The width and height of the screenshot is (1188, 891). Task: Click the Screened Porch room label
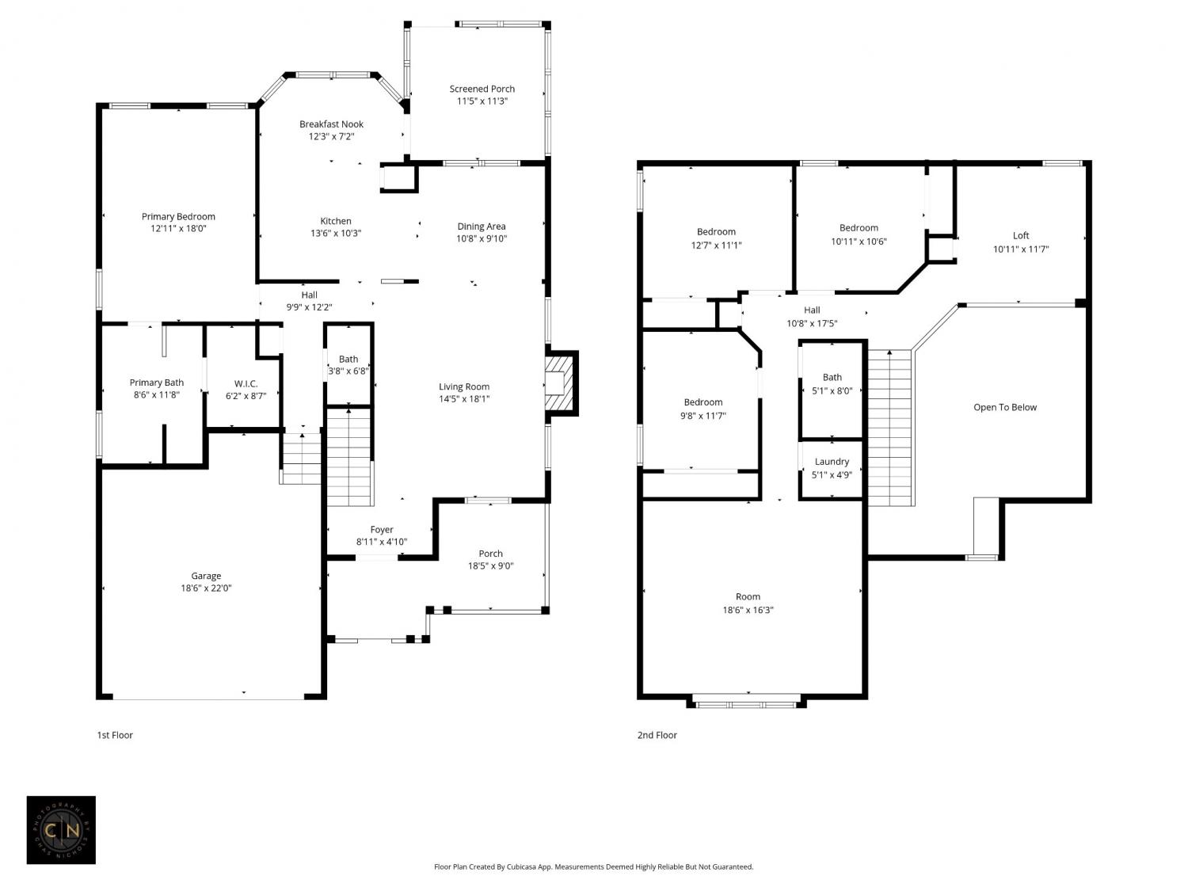tap(482, 89)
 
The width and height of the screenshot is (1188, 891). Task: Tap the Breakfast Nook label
tap(331, 124)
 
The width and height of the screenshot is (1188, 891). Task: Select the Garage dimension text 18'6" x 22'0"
tap(206, 588)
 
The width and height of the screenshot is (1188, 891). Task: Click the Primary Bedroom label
tap(179, 216)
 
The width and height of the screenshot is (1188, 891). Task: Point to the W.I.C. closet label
tap(246, 383)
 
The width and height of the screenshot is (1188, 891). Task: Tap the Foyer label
tap(382, 530)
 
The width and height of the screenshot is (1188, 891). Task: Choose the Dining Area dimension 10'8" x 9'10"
tap(482, 238)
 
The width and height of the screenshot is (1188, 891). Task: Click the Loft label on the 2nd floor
tap(1021, 235)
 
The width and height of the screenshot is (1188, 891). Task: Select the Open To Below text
tap(1005, 407)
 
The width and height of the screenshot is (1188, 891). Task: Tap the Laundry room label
tap(832, 462)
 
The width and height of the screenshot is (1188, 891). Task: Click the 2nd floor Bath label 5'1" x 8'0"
tap(832, 384)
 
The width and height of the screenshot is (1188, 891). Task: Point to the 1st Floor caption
tap(115, 735)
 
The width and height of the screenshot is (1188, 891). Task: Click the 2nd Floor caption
tap(657, 735)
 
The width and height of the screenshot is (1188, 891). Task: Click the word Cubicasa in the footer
tap(521, 866)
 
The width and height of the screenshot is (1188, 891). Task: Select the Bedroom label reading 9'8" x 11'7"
tap(703, 409)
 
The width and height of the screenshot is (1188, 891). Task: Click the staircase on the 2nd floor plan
tap(889, 428)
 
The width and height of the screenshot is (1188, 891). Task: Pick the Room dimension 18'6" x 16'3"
tap(748, 610)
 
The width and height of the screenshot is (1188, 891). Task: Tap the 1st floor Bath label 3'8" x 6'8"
tap(348, 365)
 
